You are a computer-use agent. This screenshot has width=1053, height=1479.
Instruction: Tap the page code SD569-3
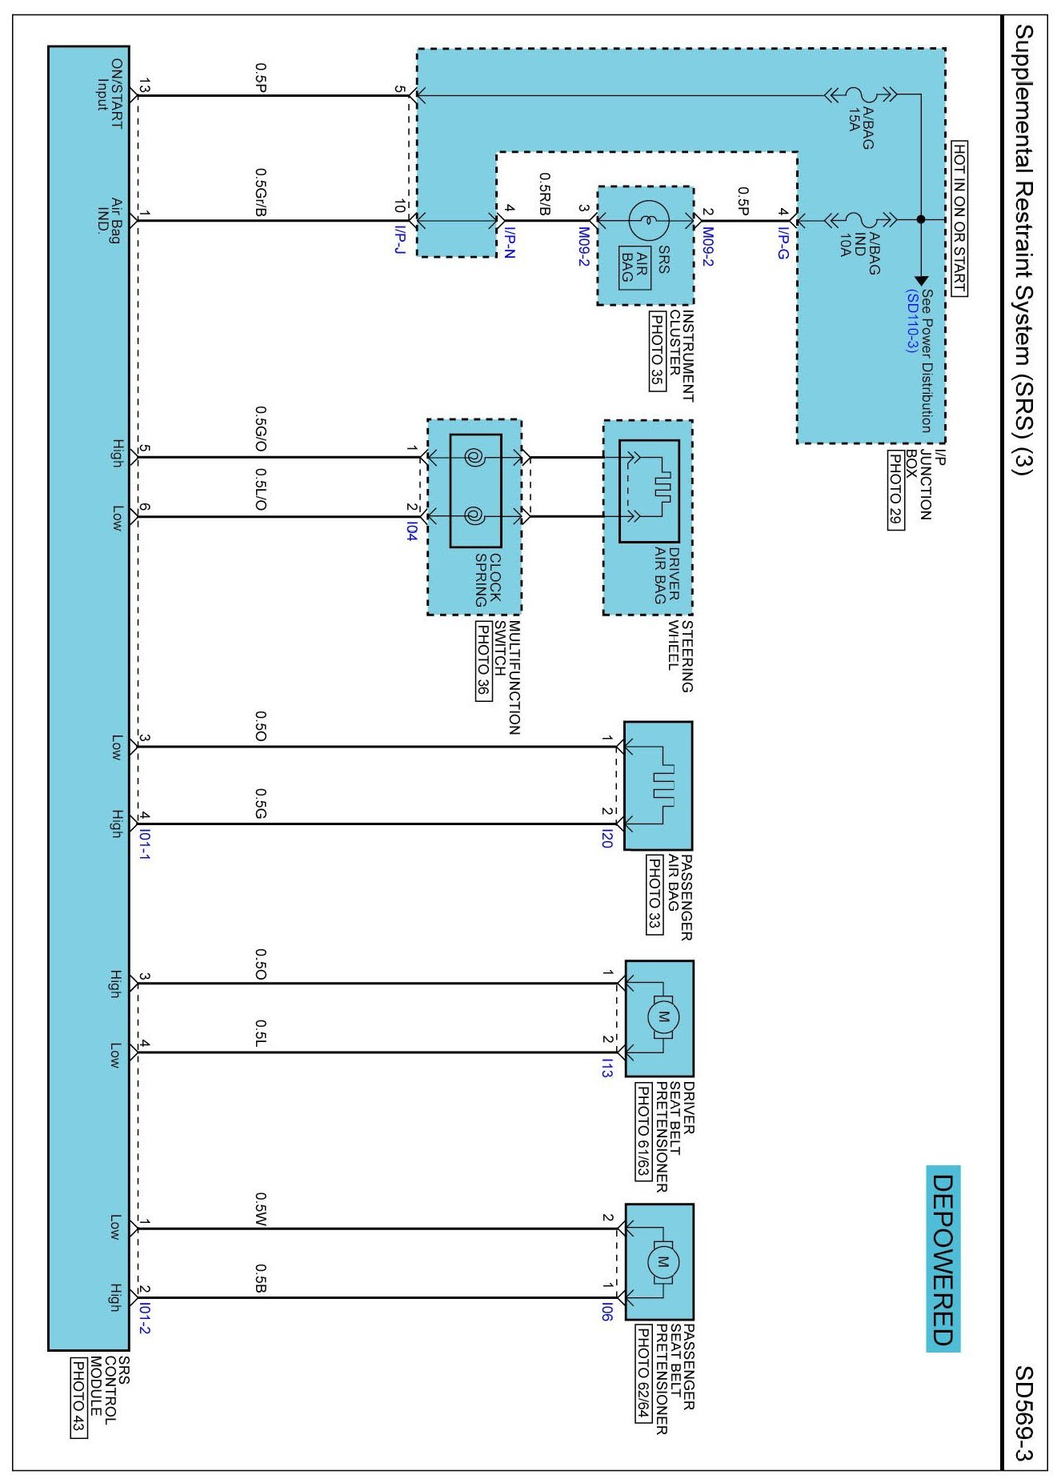(x=1026, y=1414)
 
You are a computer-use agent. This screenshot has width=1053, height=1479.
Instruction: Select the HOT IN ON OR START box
(x=959, y=219)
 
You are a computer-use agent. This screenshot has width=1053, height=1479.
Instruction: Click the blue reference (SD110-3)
(x=911, y=321)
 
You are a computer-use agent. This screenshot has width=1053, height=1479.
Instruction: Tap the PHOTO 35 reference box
(x=657, y=351)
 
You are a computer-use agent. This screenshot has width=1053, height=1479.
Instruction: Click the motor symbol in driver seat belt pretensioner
(x=663, y=1017)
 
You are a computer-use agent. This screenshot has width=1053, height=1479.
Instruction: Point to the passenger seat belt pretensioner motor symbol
(x=663, y=1262)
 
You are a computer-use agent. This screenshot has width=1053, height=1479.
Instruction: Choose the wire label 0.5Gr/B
(x=261, y=192)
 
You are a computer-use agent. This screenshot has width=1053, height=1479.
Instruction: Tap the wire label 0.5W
(x=261, y=1209)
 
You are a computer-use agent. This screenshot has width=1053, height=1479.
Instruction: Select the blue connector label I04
(x=411, y=531)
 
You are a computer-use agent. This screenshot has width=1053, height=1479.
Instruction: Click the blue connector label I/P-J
(x=400, y=239)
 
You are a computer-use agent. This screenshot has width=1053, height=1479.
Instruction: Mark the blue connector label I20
(x=607, y=839)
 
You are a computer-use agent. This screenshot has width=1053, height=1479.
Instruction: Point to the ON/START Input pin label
(x=110, y=94)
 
